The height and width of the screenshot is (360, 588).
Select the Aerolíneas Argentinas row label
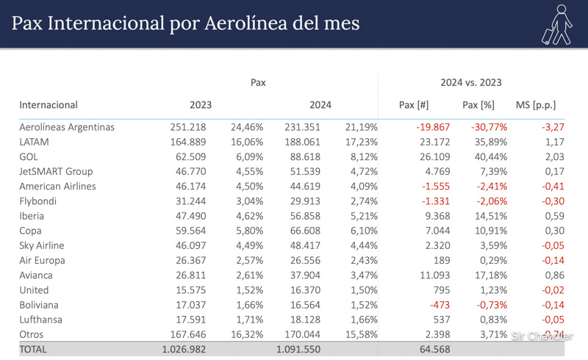[x=67, y=127]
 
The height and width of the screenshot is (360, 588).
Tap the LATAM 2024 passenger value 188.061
[x=302, y=142]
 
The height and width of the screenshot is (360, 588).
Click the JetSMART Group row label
[x=56, y=171]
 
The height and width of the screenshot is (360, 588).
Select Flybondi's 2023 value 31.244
[x=188, y=201]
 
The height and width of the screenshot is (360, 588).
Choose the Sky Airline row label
[x=42, y=245]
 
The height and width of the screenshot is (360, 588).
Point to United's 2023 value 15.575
[x=188, y=290]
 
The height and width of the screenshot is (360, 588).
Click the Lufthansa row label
[x=40, y=320]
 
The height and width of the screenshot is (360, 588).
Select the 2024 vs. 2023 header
[x=470, y=83]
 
